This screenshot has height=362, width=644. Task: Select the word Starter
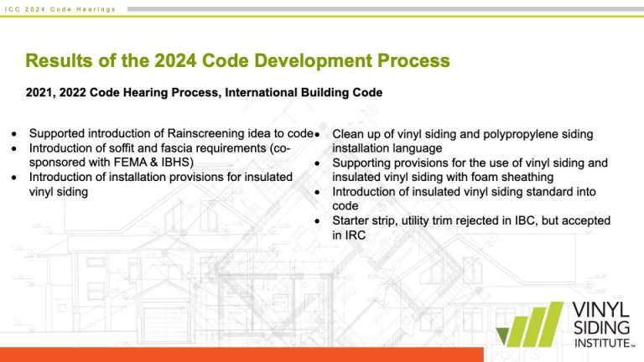tap(353, 220)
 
